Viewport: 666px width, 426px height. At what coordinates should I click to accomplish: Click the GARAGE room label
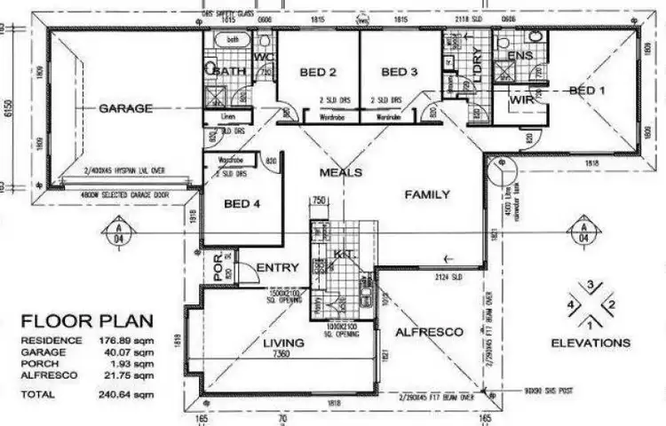tap(125, 108)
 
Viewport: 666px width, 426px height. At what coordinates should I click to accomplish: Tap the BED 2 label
tap(316, 72)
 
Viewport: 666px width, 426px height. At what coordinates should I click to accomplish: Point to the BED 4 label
tap(242, 203)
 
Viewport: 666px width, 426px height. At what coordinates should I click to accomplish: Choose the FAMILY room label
tap(427, 194)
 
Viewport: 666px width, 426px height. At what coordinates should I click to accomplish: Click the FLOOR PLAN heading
tap(87, 321)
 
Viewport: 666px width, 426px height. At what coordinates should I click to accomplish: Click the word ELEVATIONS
tap(591, 343)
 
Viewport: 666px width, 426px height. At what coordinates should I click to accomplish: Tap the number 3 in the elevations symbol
tap(590, 285)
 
